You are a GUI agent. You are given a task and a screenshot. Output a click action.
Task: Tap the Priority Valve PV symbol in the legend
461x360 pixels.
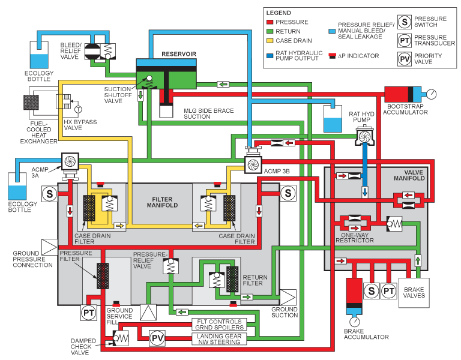[x=405, y=59]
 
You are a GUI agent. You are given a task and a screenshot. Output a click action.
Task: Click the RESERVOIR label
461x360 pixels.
[x=178, y=54]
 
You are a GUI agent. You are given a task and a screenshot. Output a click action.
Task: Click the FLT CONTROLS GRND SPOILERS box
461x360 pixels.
[x=220, y=325]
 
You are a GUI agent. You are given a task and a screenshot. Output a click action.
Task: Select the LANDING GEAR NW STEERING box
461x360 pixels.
[x=220, y=340]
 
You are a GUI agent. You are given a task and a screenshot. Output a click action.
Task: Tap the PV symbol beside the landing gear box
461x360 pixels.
[x=157, y=338]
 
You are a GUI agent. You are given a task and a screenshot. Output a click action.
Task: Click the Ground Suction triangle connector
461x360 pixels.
[x=288, y=297]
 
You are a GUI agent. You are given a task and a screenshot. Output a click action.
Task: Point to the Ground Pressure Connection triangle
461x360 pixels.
[x=49, y=246]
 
